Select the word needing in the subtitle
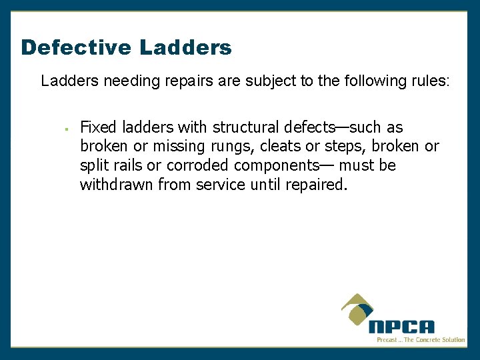point(124,82)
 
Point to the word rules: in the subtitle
point(429,81)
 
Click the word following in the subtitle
point(371,82)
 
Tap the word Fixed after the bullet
point(98,127)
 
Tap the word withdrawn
point(116,184)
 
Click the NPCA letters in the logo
point(401,327)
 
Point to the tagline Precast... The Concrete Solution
point(421,340)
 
